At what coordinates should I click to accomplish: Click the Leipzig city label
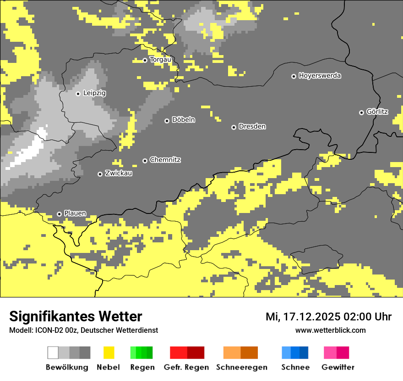[94, 93]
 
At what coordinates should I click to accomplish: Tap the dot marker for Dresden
[234, 127]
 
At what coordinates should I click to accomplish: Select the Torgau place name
[160, 60]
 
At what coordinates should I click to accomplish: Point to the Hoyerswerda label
[320, 76]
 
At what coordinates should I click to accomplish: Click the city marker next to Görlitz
[361, 112]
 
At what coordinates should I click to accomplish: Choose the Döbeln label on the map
[183, 120]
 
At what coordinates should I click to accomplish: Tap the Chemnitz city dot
[145, 161]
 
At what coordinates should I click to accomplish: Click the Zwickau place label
[119, 174]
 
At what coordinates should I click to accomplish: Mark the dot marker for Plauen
[59, 214]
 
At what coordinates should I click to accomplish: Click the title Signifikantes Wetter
[76, 317]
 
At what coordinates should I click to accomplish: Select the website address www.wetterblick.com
[330, 331]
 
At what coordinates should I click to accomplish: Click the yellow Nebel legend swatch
[109, 353]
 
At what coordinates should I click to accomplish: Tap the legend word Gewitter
[338, 367]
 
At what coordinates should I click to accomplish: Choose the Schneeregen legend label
[242, 367]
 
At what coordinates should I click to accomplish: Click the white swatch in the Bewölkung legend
[53, 353]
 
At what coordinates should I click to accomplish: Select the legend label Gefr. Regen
[186, 367]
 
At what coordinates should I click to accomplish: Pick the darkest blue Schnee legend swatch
[304, 353]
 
